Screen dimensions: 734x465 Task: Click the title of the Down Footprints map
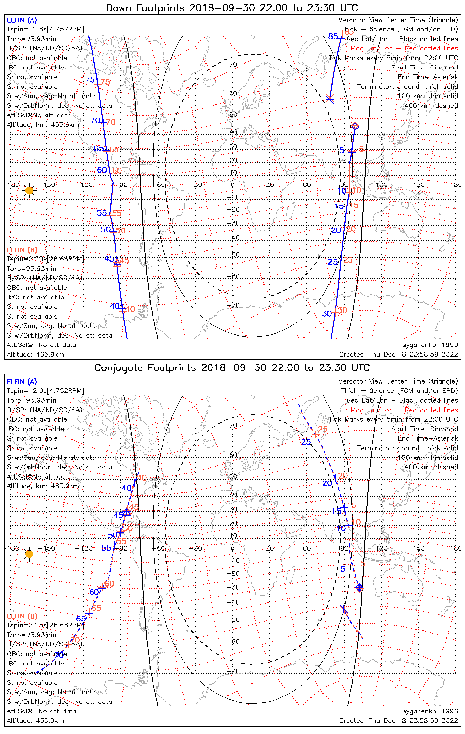232,8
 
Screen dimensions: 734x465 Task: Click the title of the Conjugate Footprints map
232,367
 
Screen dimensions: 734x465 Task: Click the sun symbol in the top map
29,190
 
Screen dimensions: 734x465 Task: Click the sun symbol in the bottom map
29,554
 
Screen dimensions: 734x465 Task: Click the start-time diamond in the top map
355,127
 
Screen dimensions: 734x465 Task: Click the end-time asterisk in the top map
330,99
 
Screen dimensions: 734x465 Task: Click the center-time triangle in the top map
117,262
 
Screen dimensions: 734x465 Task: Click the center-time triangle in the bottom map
126,512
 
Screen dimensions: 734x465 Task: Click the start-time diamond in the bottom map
360,587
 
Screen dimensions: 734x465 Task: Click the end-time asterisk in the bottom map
343,609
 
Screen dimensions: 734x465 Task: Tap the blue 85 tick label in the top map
333,37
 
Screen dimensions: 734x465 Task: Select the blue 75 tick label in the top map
90,80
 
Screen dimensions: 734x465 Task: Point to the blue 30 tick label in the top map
327,314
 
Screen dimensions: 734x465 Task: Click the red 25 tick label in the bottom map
323,430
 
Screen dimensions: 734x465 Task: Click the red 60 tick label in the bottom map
109,584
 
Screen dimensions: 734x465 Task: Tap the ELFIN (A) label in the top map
22,20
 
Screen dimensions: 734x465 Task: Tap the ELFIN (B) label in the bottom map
22,616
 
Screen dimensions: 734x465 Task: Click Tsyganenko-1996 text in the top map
428,345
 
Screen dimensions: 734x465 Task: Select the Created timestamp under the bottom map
398,721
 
